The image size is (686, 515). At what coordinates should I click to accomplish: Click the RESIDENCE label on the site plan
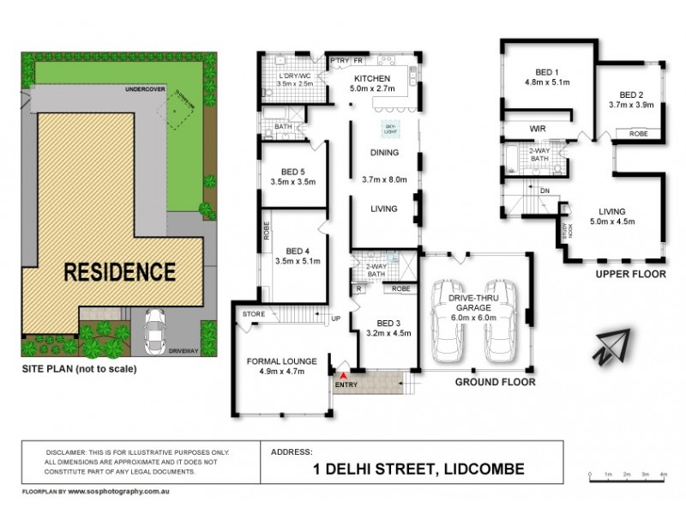[121, 272]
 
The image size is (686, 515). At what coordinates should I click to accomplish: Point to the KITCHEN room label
[372, 77]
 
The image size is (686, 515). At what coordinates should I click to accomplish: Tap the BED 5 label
[293, 172]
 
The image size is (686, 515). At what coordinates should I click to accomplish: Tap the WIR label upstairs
[539, 130]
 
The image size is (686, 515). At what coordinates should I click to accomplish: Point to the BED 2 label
[631, 94]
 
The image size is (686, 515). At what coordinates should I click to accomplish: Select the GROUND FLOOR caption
[496, 381]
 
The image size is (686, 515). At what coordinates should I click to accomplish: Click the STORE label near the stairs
[253, 314]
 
